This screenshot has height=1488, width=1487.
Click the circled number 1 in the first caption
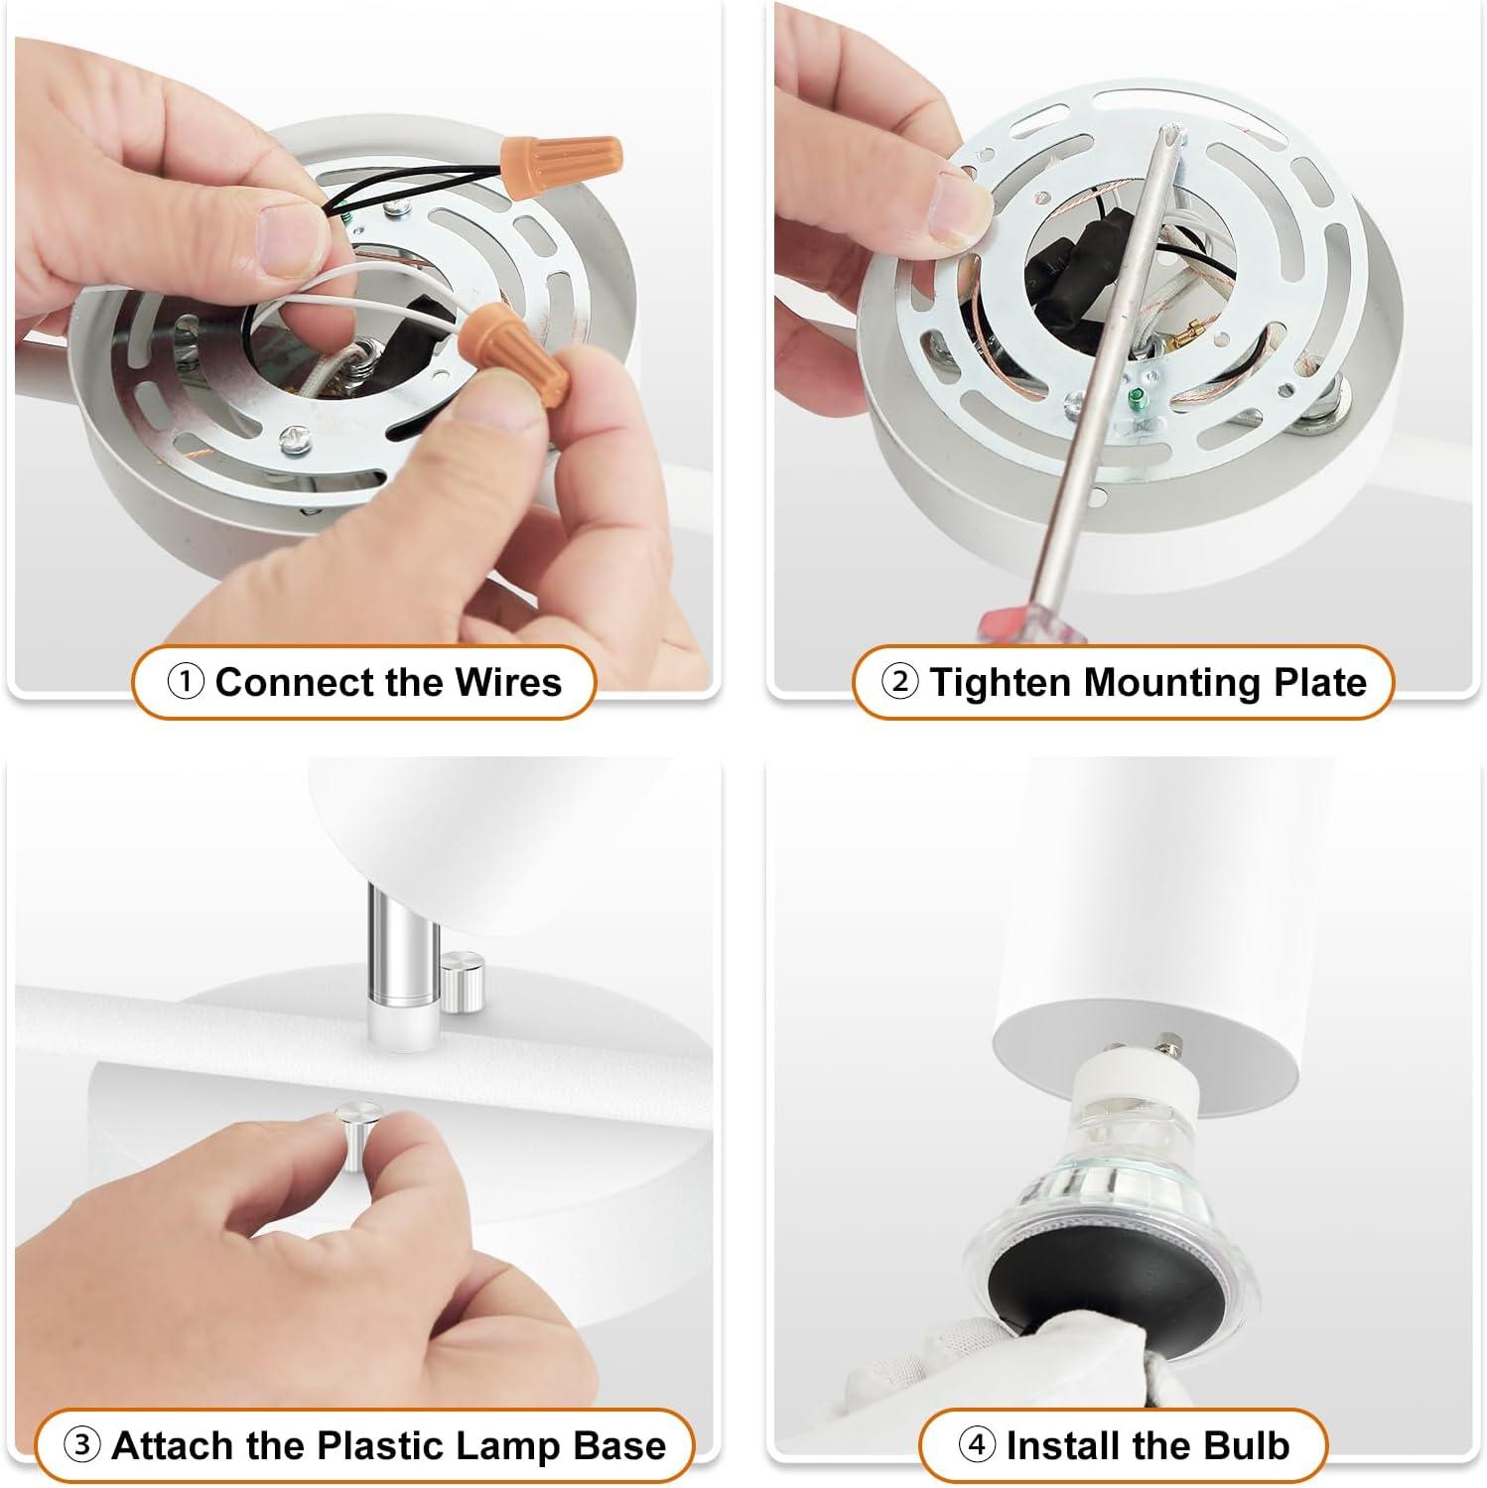pos(186,683)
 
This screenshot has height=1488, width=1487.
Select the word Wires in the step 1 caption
pos(508,683)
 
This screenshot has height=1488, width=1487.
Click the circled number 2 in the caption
pos(899,683)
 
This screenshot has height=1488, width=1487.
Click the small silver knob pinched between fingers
pos(352,1132)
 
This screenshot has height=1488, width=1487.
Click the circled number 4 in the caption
pos(976,1444)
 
